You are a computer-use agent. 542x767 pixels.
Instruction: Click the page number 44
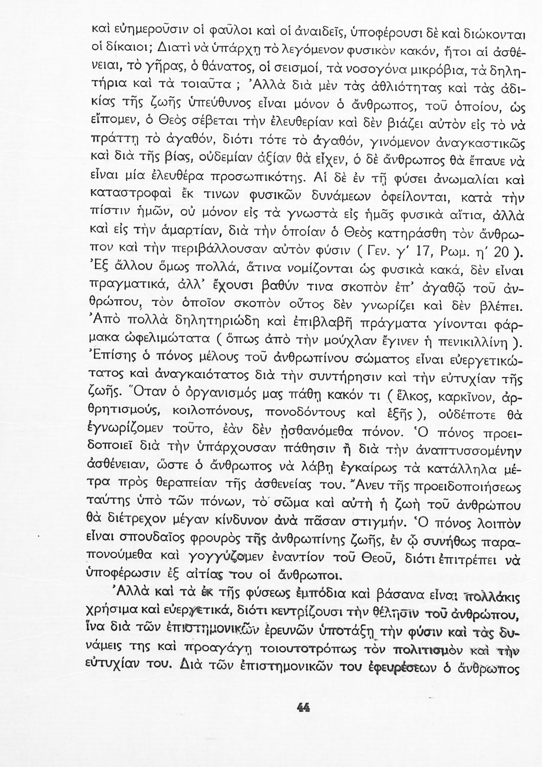tap(304, 707)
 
